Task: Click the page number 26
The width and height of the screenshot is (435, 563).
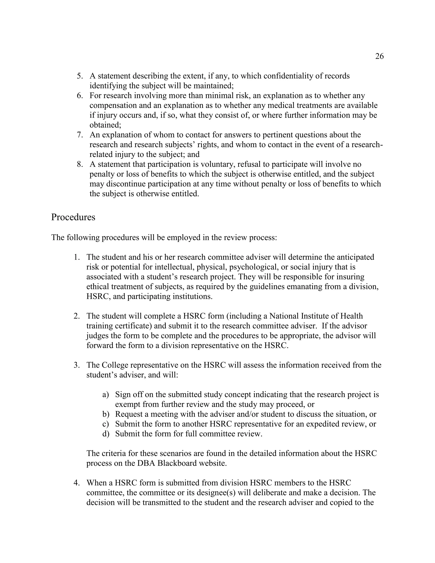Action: [x=379, y=56]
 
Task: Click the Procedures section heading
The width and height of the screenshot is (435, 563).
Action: [x=73, y=217]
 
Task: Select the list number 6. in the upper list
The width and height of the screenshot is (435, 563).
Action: [x=80, y=96]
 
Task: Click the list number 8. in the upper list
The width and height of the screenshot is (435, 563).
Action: [x=80, y=164]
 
